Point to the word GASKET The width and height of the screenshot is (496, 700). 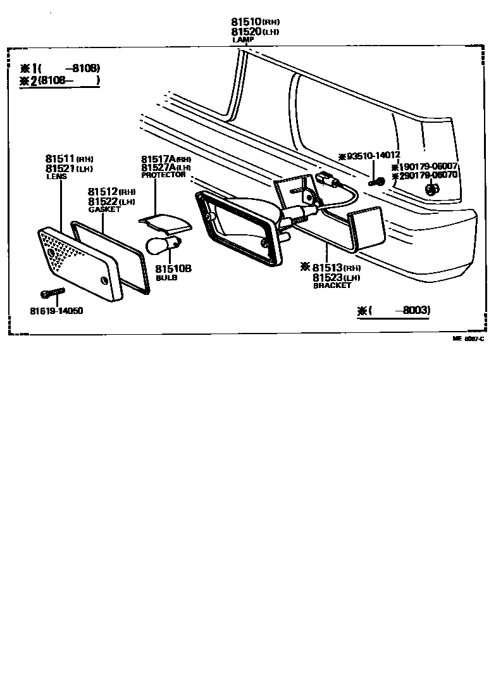pyautogui.click(x=104, y=209)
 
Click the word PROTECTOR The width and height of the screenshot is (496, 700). pyautogui.click(x=163, y=175)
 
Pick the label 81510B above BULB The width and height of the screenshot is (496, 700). pyautogui.click(x=173, y=269)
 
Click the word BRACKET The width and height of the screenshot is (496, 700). pyautogui.click(x=332, y=285)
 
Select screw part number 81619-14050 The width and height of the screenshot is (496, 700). pyautogui.click(x=56, y=311)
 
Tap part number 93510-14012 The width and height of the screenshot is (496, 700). pyautogui.click(x=373, y=156)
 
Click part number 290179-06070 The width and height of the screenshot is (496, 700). pyautogui.click(x=426, y=175)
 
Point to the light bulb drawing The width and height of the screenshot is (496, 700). pyautogui.click(x=163, y=243)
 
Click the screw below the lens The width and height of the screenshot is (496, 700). pyautogui.click(x=53, y=294)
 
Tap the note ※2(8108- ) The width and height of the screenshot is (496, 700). pyautogui.click(x=59, y=80)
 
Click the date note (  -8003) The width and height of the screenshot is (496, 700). pyautogui.click(x=394, y=310)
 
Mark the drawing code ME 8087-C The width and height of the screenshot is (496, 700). pyautogui.click(x=468, y=339)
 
